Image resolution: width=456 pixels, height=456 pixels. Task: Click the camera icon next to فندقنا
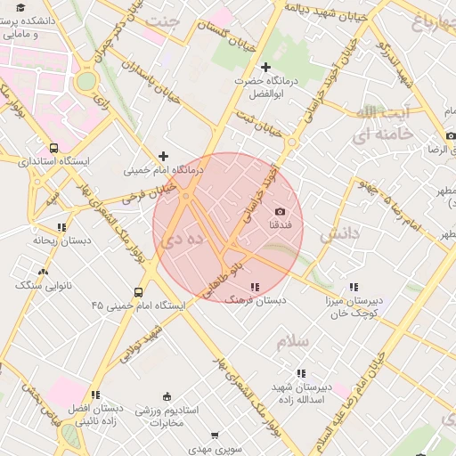tap(281, 211)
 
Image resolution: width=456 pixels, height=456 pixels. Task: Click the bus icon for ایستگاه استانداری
tap(54, 149)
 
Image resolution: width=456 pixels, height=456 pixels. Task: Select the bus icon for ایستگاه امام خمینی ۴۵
tap(138, 292)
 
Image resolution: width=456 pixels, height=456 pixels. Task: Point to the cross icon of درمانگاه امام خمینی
tap(163, 156)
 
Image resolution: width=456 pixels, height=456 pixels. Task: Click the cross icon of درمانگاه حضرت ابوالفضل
tap(265, 67)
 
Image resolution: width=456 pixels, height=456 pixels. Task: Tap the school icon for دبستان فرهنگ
tap(256, 287)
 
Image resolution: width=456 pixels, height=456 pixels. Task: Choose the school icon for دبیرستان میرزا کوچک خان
tap(354, 287)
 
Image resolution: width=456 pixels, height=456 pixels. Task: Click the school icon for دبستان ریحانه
tap(61, 227)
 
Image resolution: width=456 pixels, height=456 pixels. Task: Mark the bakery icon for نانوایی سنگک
tap(43, 272)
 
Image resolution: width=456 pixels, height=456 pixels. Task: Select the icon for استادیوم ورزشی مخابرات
tap(167, 397)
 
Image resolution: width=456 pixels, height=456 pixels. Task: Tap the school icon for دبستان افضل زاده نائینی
tap(95, 394)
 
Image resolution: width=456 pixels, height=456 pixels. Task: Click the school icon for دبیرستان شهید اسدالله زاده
tap(301, 373)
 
